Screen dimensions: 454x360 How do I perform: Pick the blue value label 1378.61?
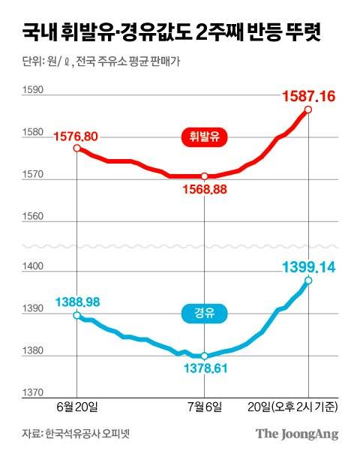(x=203, y=367)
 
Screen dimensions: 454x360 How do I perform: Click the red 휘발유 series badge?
(x=204, y=137)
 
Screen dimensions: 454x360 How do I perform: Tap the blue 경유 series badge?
(x=204, y=314)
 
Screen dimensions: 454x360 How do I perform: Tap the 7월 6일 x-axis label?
(x=204, y=406)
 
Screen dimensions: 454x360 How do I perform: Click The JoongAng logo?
(x=296, y=434)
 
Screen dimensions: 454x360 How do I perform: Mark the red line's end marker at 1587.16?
(x=308, y=110)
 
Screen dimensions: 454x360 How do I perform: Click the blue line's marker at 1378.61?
(x=204, y=356)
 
